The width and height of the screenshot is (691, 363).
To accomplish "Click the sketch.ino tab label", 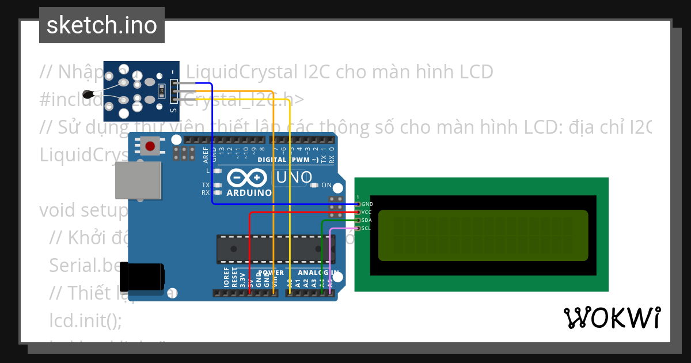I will pyautogui.click(x=102, y=25).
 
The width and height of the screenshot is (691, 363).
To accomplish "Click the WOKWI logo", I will pyautogui.click(x=612, y=318).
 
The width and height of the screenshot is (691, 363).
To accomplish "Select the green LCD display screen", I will pyautogui.click(x=483, y=235).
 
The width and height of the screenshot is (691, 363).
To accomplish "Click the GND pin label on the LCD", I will pyautogui.click(x=367, y=204).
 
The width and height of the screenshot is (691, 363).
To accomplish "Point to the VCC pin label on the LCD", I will pyautogui.click(x=367, y=212).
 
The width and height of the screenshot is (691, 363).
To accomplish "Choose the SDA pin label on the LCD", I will pyautogui.click(x=367, y=220).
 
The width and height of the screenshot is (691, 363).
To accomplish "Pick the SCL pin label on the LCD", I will pyautogui.click(x=367, y=228).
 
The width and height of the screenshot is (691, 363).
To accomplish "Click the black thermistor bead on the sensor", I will pyautogui.click(x=88, y=94).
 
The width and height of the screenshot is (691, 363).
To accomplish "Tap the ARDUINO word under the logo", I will pyautogui.click(x=249, y=193).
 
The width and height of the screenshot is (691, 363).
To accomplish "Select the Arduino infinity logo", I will pyautogui.click(x=248, y=177).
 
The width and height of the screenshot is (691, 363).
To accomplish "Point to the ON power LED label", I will pyautogui.click(x=326, y=186).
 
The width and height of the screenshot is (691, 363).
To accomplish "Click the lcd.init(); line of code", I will pyautogui.click(x=86, y=320).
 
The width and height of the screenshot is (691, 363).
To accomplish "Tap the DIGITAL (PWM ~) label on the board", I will pyautogui.click(x=288, y=160).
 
